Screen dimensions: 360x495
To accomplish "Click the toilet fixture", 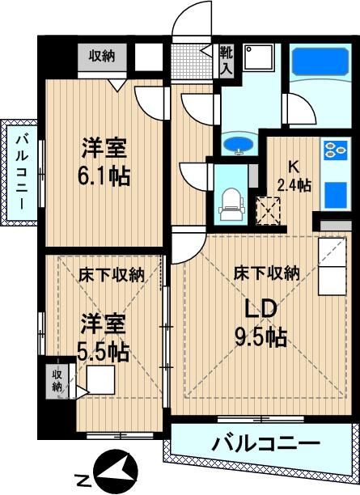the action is point(231,204).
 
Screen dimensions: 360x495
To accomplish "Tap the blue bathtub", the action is point(320,61).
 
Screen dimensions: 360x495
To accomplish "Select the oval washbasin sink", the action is point(238,145).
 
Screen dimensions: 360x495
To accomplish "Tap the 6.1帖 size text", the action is point(104,177).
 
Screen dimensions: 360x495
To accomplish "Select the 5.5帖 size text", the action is point(104,352).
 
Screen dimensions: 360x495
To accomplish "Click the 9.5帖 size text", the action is point(260,338).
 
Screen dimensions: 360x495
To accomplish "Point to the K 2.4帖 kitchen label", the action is point(294,176).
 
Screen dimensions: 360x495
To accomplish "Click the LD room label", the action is point(261,309).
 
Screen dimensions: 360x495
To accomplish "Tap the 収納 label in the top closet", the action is point(102,56).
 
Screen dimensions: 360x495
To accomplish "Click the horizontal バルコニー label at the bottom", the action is point(265,445).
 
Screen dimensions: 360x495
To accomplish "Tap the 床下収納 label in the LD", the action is point(266,273).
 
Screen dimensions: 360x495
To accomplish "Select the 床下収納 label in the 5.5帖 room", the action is point(111,275).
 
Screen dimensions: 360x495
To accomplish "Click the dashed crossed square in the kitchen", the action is point(268,211).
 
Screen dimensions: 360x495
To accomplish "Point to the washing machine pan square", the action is point(258,57).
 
